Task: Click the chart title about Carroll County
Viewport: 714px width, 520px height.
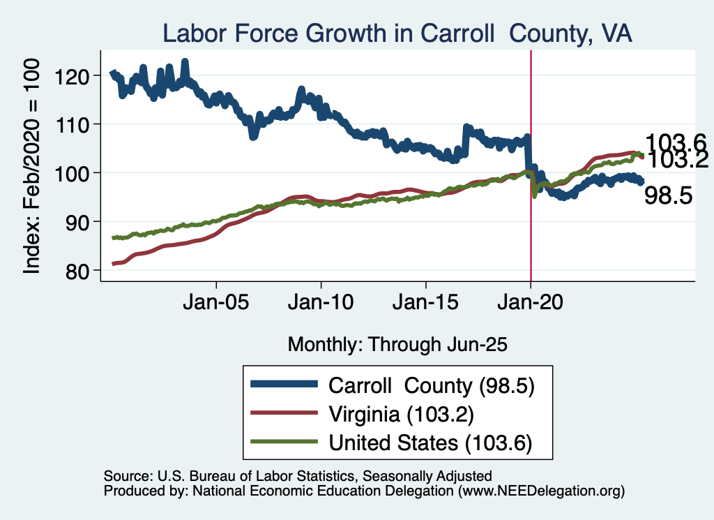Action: tap(397, 34)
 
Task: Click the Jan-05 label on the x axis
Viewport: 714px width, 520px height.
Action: tap(217, 304)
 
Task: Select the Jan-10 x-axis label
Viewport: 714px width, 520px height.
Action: tap(321, 304)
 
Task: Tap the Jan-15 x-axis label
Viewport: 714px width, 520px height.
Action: tap(426, 304)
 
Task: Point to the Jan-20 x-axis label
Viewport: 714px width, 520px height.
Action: tap(531, 304)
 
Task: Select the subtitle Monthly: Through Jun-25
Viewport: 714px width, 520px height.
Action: tap(397, 344)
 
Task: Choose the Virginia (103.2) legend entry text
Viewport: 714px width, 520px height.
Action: tap(401, 414)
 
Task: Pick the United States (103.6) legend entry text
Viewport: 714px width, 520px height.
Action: tap(430, 443)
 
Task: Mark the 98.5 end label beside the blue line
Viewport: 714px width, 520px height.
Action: tap(668, 196)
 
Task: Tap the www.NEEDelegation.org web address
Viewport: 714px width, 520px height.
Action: tap(540, 492)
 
